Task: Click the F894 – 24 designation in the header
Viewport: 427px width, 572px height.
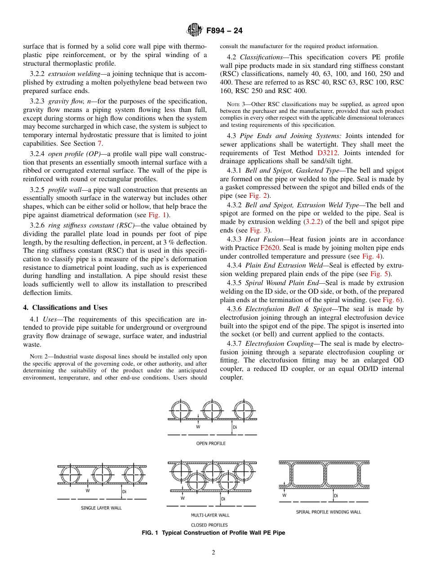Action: (x=224, y=31)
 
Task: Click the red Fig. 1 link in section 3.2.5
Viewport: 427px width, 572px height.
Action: (x=157, y=214)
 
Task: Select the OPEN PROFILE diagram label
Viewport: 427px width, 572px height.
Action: (x=211, y=443)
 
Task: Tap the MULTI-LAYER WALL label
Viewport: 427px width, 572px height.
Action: (x=210, y=515)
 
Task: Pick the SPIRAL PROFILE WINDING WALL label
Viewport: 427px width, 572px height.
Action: (x=328, y=512)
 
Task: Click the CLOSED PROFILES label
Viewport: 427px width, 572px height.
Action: (x=209, y=525)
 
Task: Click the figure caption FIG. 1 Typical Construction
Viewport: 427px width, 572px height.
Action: (x=213, y=533)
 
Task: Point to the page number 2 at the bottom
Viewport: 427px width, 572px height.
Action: (x=213, y=553)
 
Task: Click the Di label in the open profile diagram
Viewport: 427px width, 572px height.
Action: (x=235, y=427)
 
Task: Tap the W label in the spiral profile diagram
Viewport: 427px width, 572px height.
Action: (x=285, y=496)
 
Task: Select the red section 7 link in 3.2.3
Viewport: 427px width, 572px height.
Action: (x=99, y=143)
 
